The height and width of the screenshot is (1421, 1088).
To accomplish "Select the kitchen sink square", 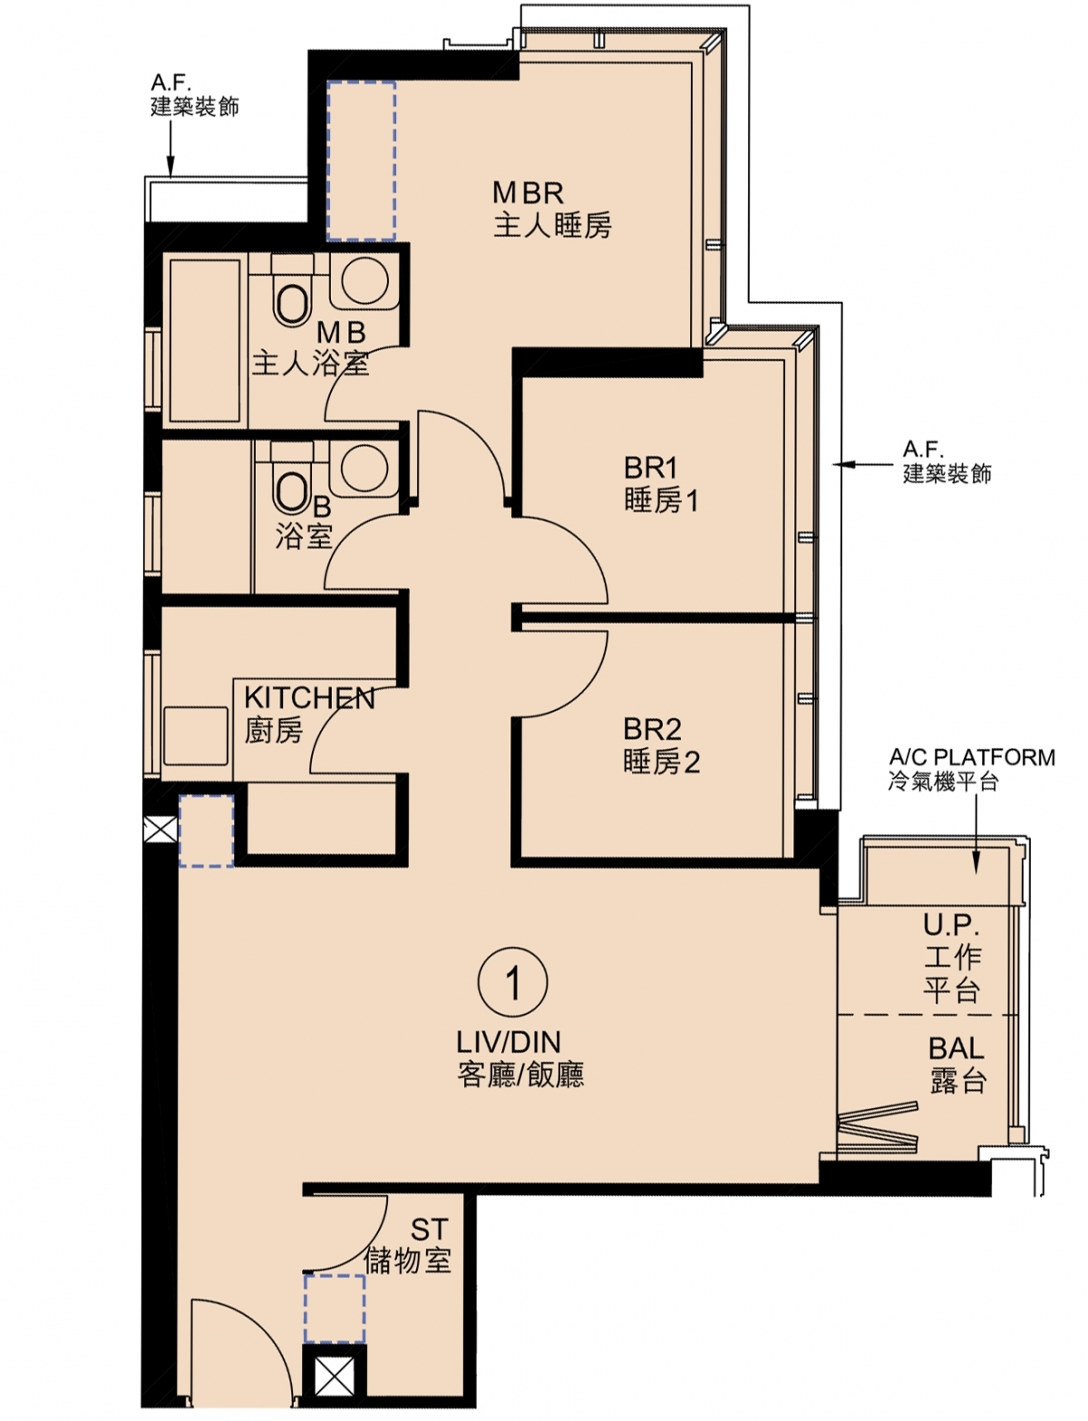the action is pyautogui.click(x=196, y=735).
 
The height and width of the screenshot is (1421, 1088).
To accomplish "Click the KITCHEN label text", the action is pyautogui.click(x=309, y=698).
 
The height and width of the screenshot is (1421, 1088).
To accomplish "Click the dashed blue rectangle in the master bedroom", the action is pyautogui.click(x=361, y=161).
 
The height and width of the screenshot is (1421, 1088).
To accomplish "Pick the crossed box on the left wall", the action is pyautogui.click(x=160, y=831).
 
